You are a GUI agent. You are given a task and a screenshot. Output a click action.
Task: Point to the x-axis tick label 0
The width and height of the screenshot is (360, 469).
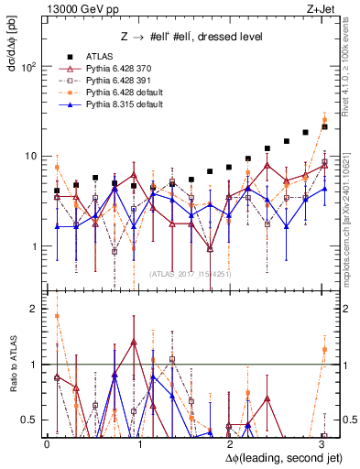tap(47, 443)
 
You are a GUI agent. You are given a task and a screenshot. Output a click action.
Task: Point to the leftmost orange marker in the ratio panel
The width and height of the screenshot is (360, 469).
tap(57, 316)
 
